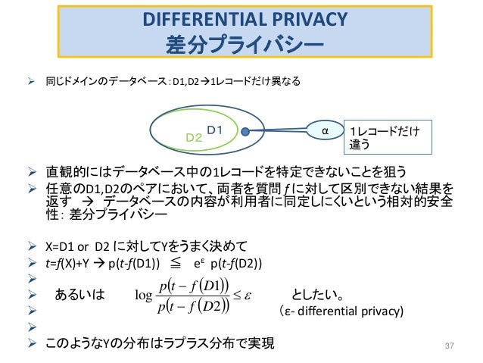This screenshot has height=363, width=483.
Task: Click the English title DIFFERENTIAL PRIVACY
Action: [x=244, y=17]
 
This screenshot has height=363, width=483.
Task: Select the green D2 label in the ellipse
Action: [x=194, y=137]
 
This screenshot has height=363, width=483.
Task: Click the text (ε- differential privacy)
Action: [x=340, y=311]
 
